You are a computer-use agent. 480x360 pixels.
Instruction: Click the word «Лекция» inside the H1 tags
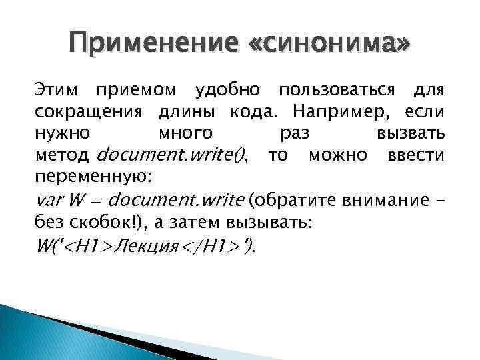[x=147, y=246]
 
